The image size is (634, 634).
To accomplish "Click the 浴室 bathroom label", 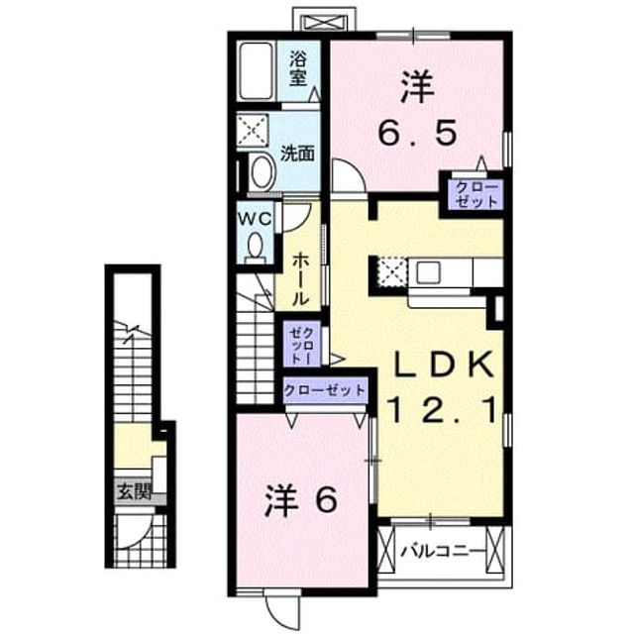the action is coord(297,69).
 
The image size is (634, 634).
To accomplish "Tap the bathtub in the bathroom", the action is coord(256,70).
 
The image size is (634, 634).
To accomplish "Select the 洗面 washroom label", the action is coord(297,154).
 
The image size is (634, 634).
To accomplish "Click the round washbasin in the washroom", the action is coord(262,172).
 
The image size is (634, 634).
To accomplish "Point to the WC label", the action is coord(255,219).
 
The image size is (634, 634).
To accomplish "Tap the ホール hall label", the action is coord(299,279).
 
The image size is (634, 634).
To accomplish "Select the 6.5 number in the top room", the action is coord(418,133).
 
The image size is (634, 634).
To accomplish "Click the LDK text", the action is coord(445,365).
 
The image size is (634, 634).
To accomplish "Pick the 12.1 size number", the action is coord(442,409).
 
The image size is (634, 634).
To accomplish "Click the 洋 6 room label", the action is coord(300,500).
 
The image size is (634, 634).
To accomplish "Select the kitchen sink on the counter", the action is coord(429,272).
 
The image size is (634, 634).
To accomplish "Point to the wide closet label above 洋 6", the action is coord(325,390).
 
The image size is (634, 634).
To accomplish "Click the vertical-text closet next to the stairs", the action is coord(302,345).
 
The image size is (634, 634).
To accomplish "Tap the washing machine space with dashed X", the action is coord(253,130).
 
